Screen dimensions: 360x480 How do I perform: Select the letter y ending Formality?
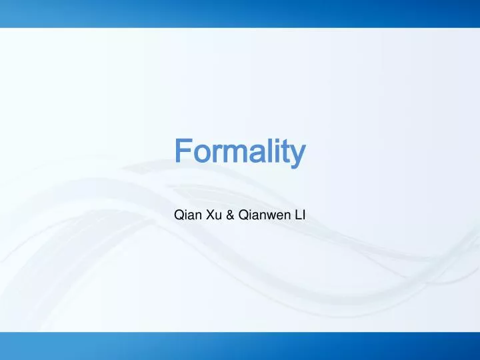(298, 155)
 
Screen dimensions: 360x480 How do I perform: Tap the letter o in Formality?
(198, 153)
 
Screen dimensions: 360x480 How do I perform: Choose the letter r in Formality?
(212, 153)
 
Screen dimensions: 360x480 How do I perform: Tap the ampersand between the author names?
(231, 215)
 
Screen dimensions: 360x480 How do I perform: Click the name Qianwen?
(263, 215)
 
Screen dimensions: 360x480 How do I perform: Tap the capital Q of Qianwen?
(243, 215)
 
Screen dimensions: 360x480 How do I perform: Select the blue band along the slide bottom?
(240, 346)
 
